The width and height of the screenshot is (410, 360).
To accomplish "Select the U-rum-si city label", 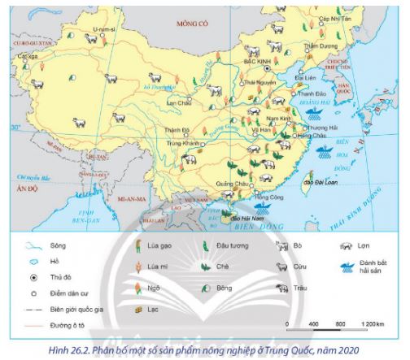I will [102, 28].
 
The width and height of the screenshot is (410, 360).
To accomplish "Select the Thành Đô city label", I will [177, 128].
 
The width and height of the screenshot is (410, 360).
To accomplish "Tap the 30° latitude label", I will [16, 127].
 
